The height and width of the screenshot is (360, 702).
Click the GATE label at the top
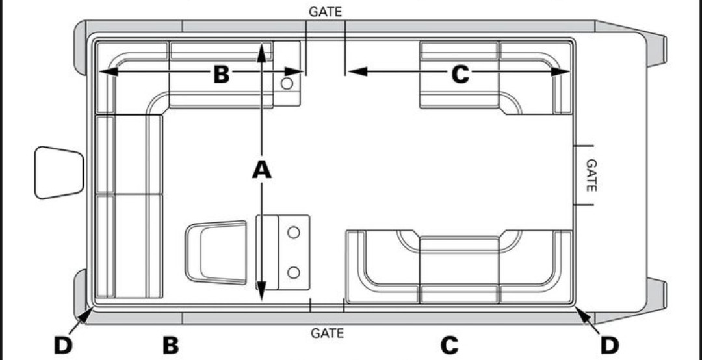(x=326, y=12)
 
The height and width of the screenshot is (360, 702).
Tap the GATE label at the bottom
(x=327, y=333)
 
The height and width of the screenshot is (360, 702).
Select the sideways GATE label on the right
(x=591, y=175)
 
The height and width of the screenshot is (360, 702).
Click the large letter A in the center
(x=261, y=170)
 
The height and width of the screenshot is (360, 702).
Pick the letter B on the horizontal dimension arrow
(x=222, y=74)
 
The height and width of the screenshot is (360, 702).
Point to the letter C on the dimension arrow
(x=460, y=74)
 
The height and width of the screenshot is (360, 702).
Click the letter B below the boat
(x=170, y=345)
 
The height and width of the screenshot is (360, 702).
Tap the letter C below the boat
(x=449, y=345)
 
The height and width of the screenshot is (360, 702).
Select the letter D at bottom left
(x=63, y=345)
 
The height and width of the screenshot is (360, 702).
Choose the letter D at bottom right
(x=609, y=345)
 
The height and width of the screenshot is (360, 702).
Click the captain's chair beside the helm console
(x=217, y=253)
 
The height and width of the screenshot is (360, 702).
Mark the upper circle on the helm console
(x=293, y=232)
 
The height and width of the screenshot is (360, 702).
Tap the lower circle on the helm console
(x=293, y=272)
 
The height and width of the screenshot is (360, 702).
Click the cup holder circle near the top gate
(x=287, y=83)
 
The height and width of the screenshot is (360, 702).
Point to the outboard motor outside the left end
(x=59, y=172)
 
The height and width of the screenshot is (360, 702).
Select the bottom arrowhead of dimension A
(x=261, y=295)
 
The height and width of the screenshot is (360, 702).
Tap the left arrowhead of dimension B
(x=104, y=71)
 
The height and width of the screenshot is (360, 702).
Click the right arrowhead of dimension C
(x=564, y=71)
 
